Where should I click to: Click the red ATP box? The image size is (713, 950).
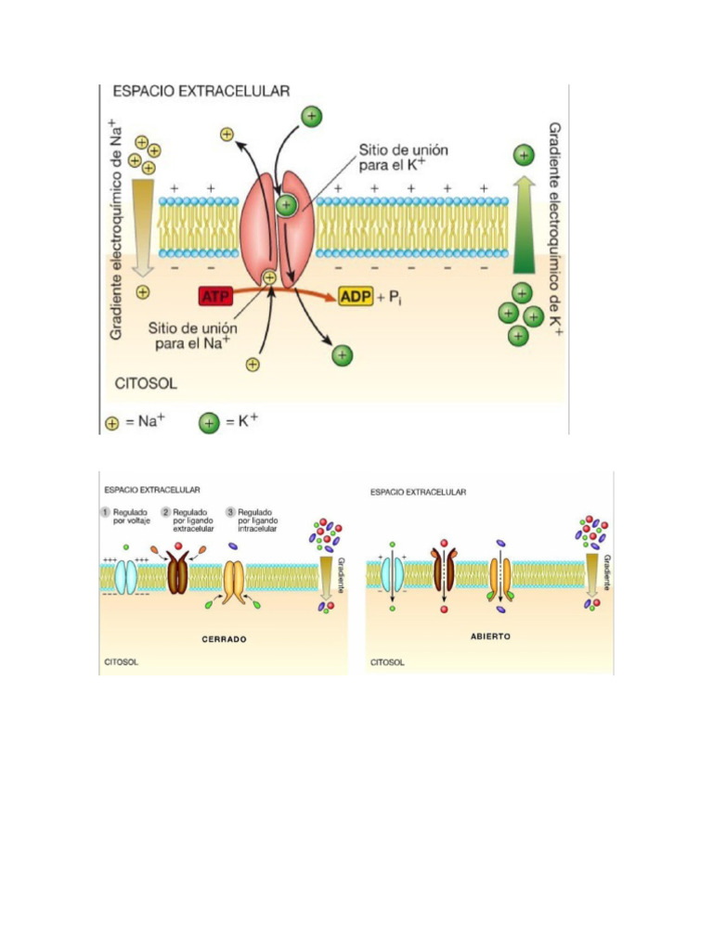point(214,296)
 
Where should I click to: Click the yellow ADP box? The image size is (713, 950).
point(355,297)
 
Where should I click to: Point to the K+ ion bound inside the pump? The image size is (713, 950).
point(287,208)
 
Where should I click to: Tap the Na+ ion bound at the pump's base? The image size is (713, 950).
point(270,276)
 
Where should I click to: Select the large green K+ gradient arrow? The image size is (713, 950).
point(525,221)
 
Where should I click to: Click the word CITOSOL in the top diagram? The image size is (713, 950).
point(145,381)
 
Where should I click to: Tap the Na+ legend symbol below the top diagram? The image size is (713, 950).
point(112,423)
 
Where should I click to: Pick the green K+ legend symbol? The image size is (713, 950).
point(210,423)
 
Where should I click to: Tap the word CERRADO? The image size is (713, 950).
point(224,639)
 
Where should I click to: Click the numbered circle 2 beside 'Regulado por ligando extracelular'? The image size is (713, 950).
point(165,511)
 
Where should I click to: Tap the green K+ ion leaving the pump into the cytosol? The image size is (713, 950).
point(343,354)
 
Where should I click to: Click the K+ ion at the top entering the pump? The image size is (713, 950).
point(311,116)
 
